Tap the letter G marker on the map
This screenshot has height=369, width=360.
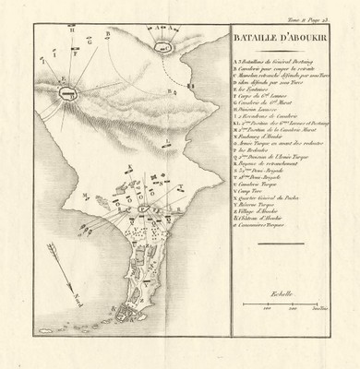(x=90, y=42)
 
